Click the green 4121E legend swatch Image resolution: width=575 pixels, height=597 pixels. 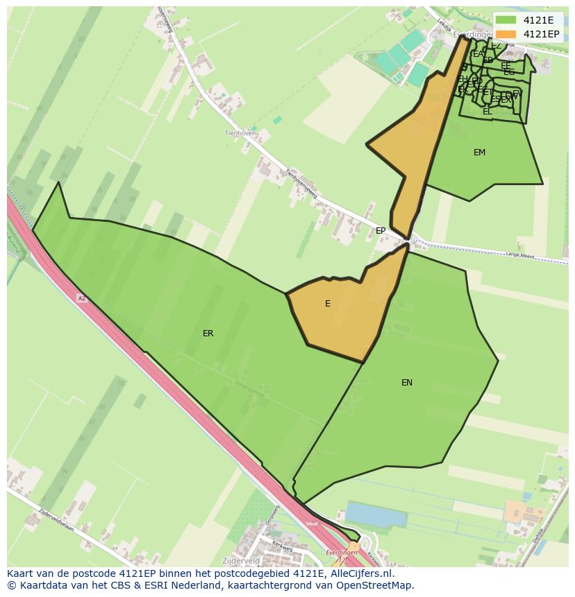pyautogui.click(x=506, y=20)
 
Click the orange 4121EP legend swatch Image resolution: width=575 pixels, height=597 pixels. pyautogui.click(x=506, y=34)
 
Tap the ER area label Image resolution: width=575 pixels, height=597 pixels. pyautogui.click(x=208, y=334)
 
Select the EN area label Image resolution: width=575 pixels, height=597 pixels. pyautogui.click(x=407, y=382)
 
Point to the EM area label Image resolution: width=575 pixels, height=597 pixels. pyautogui.click(x=479, y=153)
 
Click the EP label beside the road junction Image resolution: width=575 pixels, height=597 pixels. pyautogui.click(x=381, y=231)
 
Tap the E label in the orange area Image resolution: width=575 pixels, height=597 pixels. pyautogui.click(x=328, y=304)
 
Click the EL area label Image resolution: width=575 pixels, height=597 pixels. pyautogui.click(x=487, y=112)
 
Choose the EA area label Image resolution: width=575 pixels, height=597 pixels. pyautogui.click(x=478, y=54)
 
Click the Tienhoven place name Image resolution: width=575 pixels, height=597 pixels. pyautogui.click(x=240, y=133)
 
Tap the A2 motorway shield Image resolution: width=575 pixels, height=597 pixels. pyautogui.click(x=81, y=298)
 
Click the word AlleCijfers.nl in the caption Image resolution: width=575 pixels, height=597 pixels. pyautogui.click(x=362, y=573)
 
